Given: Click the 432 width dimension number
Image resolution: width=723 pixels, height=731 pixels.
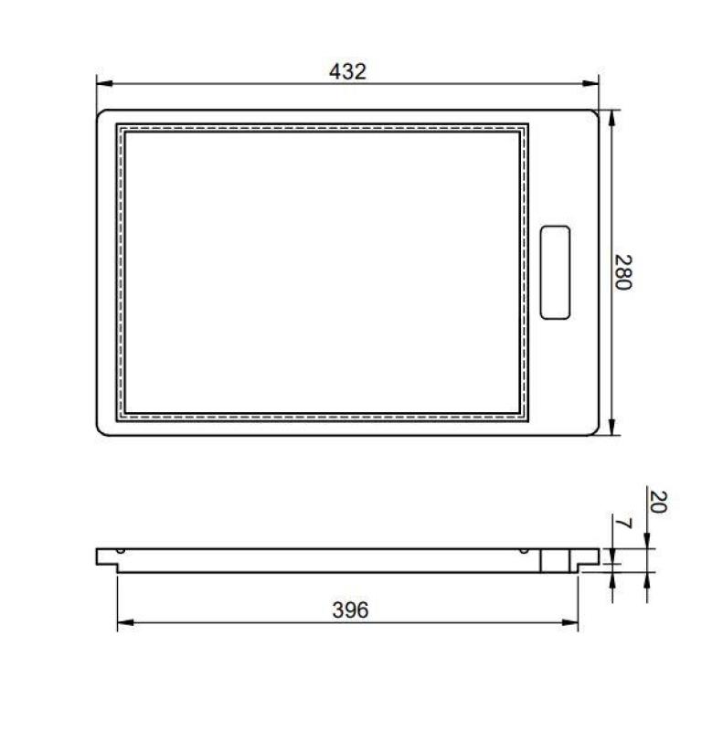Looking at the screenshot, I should click(347, 70).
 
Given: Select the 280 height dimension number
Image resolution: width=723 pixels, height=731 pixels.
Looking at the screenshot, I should click(623, 271).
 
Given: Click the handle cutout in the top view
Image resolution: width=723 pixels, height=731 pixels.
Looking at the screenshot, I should click(555, 272).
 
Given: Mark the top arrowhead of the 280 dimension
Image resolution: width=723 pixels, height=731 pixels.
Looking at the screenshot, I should click(611, 116).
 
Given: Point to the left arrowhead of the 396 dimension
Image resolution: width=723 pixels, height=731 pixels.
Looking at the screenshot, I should click(123, 625).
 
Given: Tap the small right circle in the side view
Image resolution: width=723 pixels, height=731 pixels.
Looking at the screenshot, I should click(522, 551).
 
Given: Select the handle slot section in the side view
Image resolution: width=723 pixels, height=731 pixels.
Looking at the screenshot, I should click(552, 560).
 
